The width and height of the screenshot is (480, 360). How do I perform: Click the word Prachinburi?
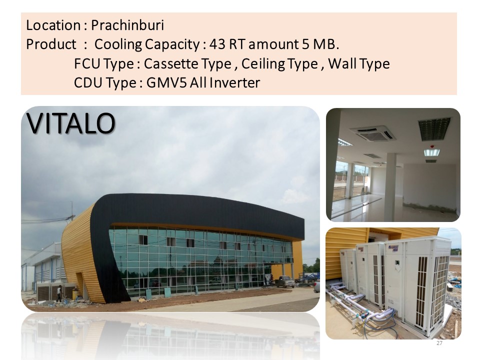tap(127, 25)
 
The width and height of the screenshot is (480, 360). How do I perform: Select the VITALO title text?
tap(70, 123)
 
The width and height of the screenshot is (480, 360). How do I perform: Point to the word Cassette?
tap(172, 63)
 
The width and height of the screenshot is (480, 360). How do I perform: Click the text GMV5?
tap(166, 82)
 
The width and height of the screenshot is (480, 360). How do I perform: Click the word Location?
tap(53, 25)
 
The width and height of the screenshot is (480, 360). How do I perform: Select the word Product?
tap(51, 44)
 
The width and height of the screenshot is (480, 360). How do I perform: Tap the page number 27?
tap(439, 343)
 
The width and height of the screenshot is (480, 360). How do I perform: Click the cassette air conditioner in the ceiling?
tap(373, 133)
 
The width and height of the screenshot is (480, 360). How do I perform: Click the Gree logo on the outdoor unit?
tap(393, 247)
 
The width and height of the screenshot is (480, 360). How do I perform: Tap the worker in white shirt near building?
tap(59, 293)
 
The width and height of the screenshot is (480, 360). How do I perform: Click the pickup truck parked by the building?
tap(285, 281)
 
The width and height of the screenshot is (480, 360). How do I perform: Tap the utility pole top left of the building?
tap(72, 210)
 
